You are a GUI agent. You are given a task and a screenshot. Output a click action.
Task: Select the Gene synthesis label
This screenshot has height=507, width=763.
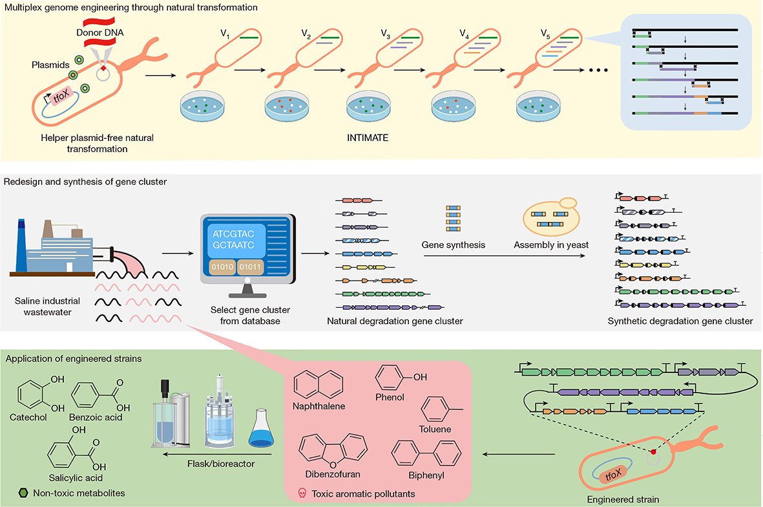coord(452,245)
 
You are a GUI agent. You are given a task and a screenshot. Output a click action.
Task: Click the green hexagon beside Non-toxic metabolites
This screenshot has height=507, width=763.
coord(24,493)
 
